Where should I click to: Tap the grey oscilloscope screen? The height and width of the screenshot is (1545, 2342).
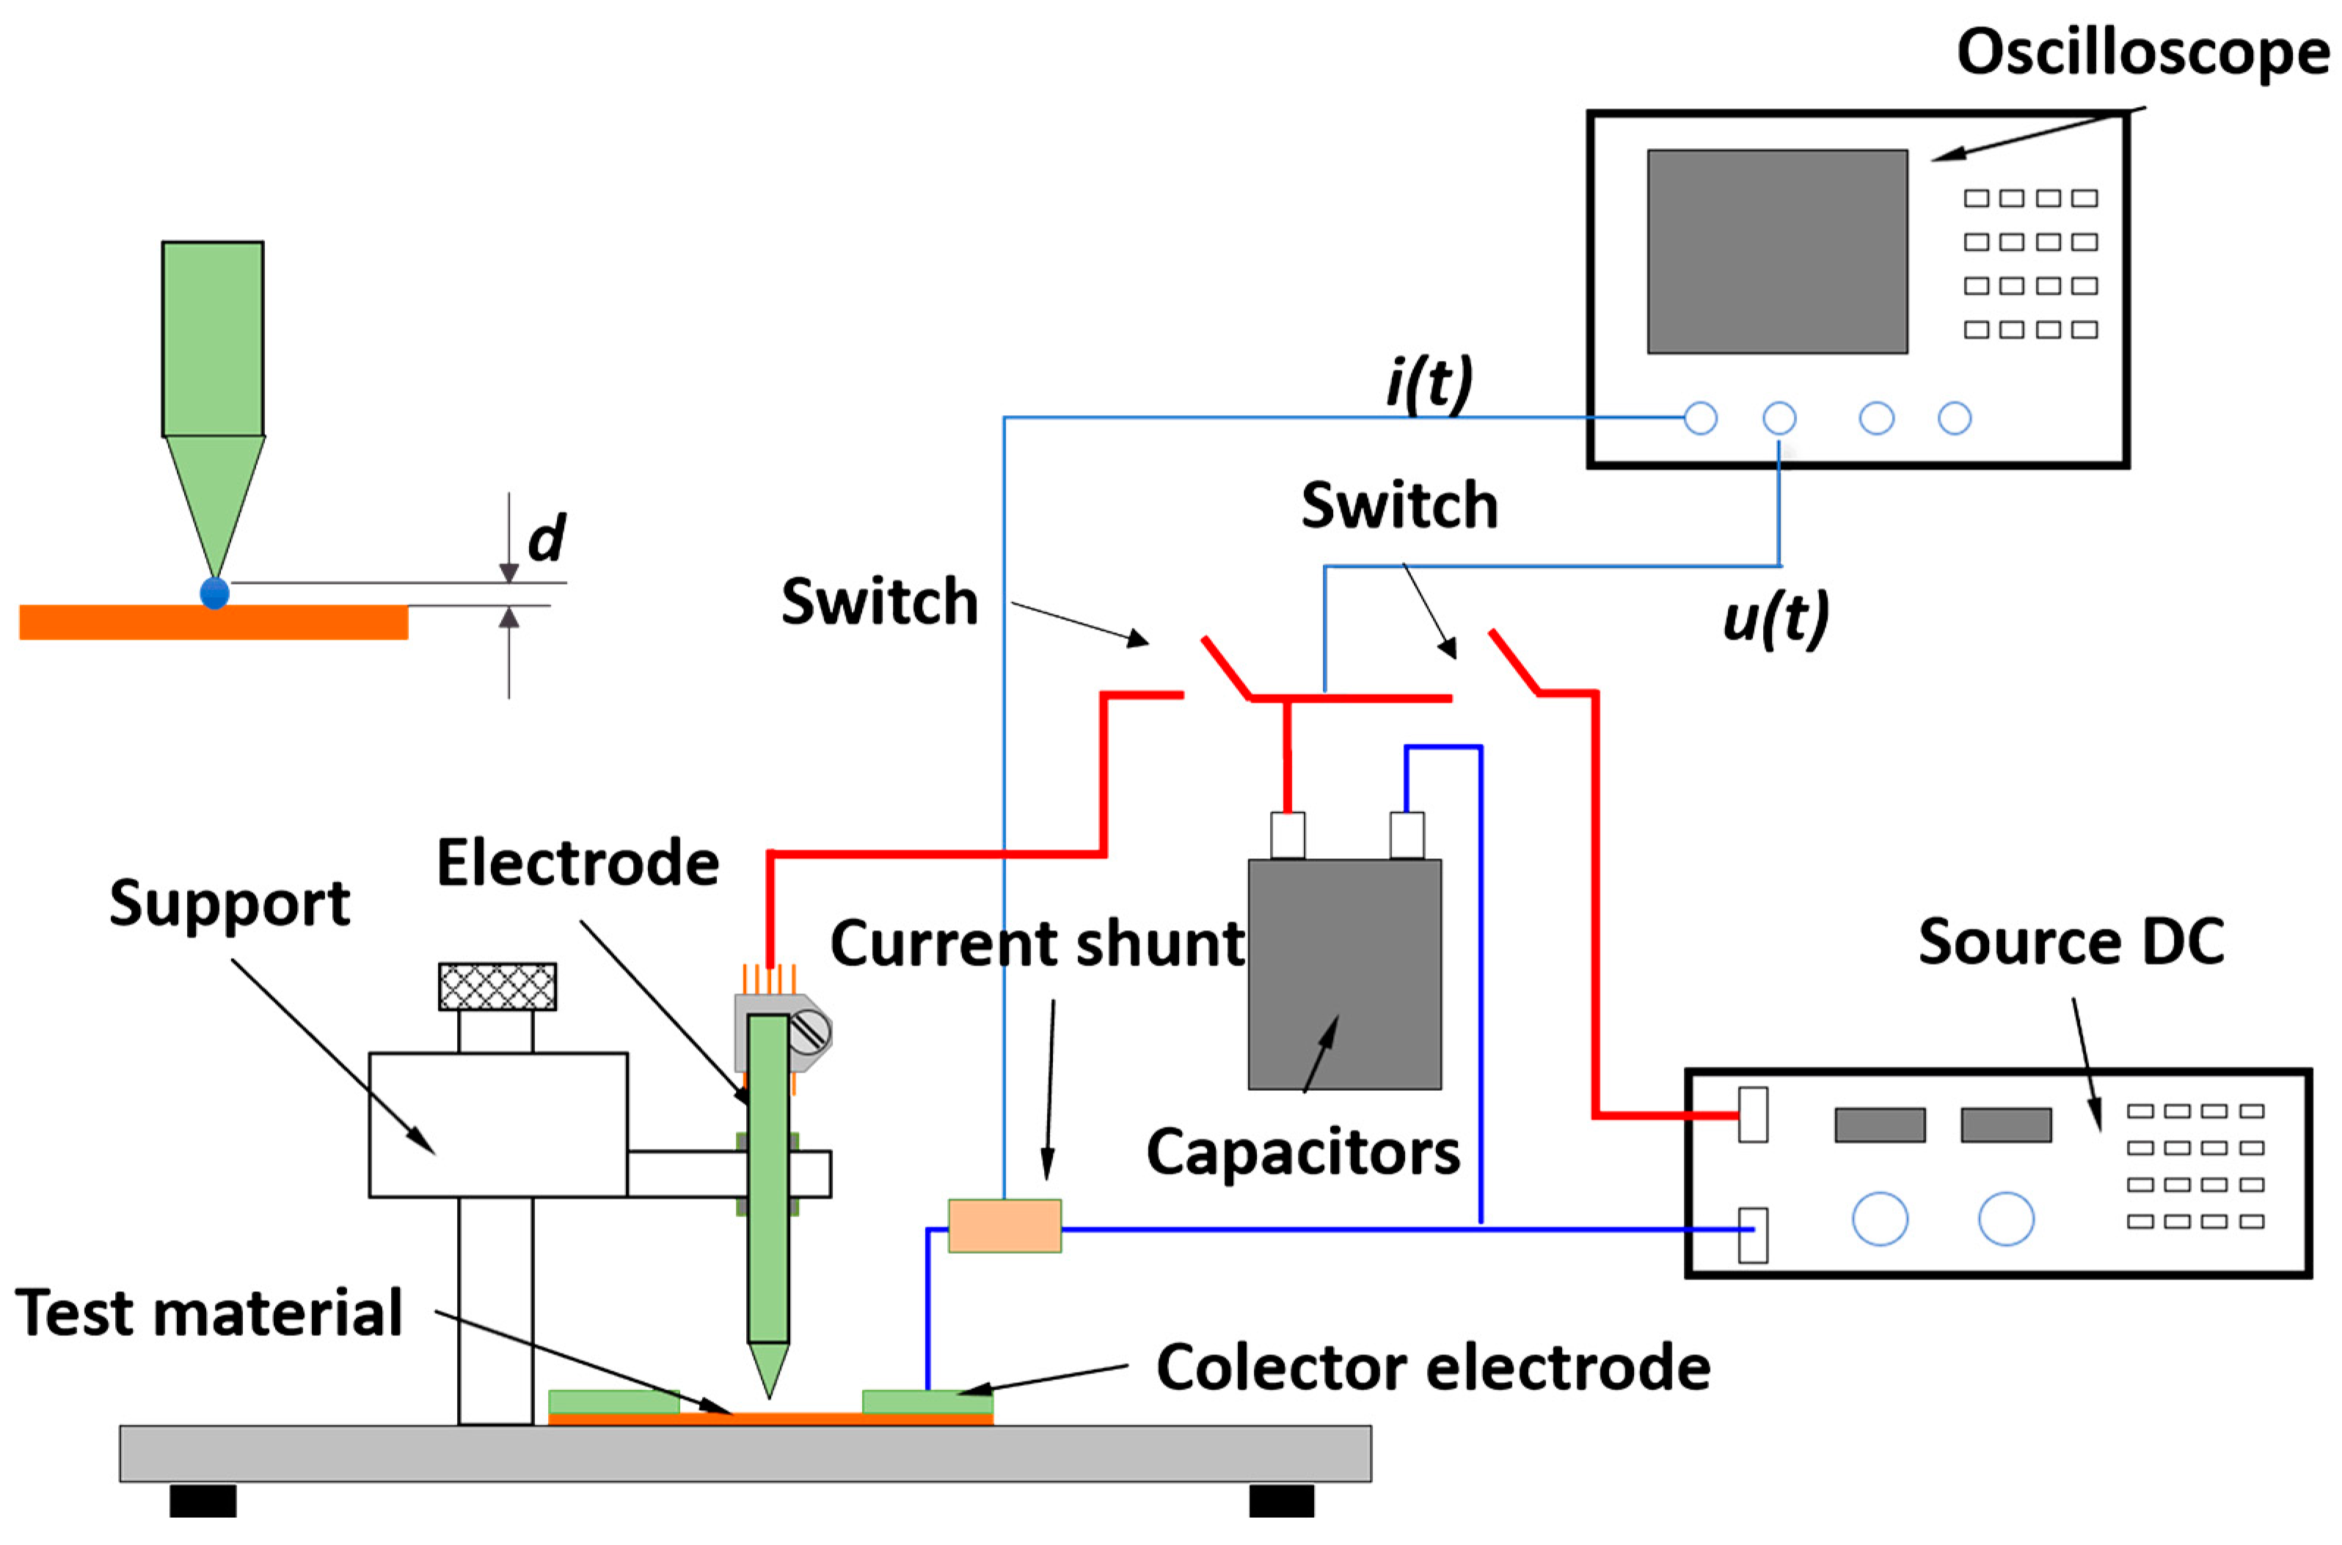[1778, 251]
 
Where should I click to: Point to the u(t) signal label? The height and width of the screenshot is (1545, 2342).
[1776, 618]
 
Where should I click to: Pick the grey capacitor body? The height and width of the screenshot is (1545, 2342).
[1344, 974]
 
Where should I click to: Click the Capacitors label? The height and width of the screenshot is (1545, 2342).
[1302, 1152]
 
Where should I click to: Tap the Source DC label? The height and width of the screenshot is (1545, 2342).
[2071, 941]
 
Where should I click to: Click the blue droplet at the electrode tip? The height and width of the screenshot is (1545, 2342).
[215, 593]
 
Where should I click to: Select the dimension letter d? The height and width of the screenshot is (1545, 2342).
[547, 537]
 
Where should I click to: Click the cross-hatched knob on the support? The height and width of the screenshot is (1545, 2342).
[497, 986]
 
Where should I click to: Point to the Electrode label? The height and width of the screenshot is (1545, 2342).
[577, 863]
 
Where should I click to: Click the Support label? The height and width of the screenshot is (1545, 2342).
[230, 904]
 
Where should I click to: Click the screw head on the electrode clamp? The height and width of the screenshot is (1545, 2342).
[811, 1031]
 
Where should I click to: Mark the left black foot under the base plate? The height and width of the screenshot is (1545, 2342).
[203, 1501]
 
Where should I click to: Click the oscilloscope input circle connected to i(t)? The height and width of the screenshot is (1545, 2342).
[1701, 417]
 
